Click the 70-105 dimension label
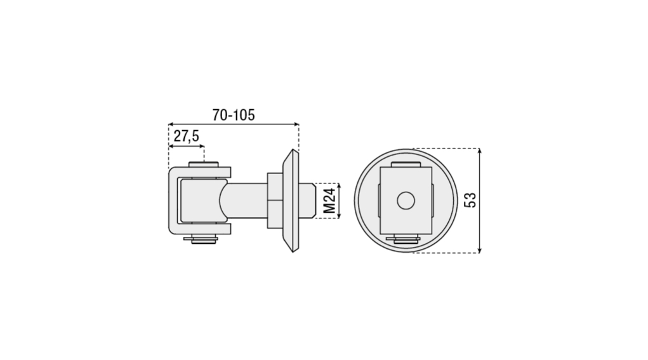234,115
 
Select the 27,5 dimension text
186,136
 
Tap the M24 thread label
329,201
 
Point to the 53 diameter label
470,200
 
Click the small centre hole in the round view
406,201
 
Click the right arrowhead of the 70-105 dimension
296,124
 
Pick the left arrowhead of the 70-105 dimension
171,124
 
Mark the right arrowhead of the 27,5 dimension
201,146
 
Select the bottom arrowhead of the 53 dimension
479,250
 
